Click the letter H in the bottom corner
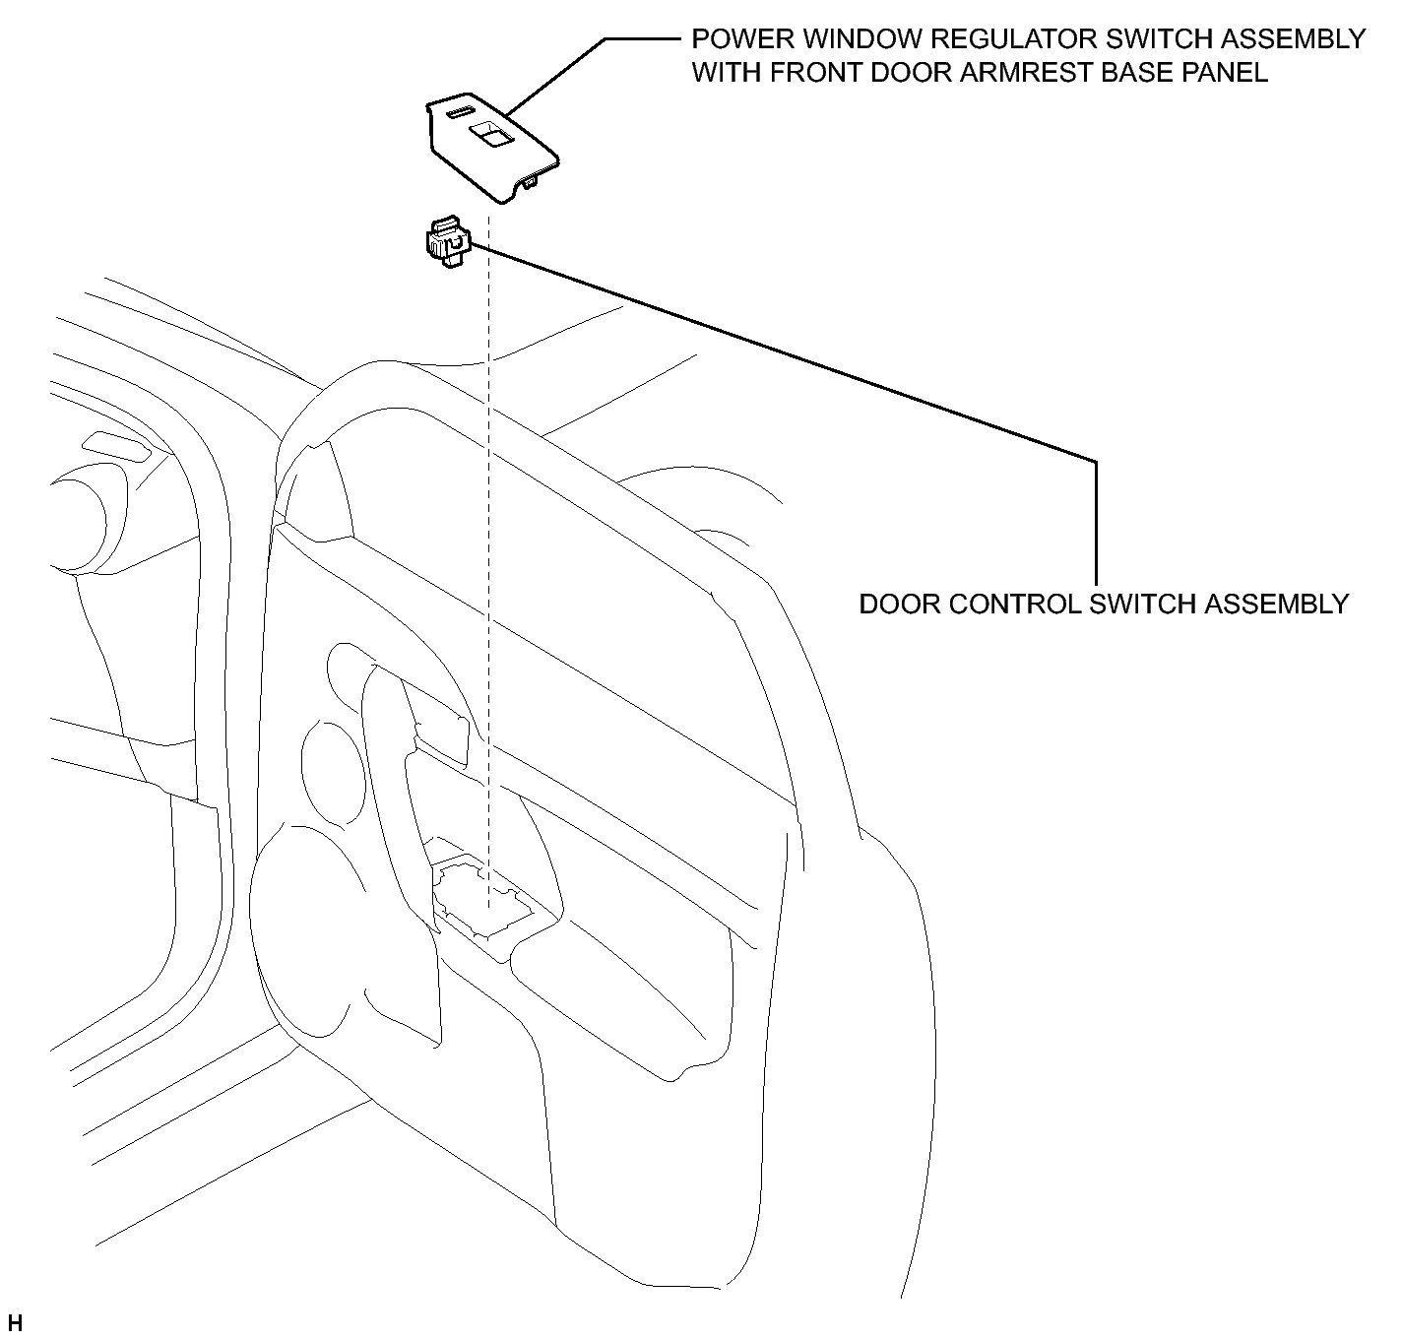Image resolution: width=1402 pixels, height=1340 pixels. [x=15, y=1322]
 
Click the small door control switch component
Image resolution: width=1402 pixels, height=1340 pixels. [x=448, y=241]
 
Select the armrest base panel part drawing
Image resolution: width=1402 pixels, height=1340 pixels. [x=492, y=147]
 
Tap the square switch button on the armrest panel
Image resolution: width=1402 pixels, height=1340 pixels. [x=490, y=134]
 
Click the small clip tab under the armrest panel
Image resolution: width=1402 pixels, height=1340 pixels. [x=532, y=182]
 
